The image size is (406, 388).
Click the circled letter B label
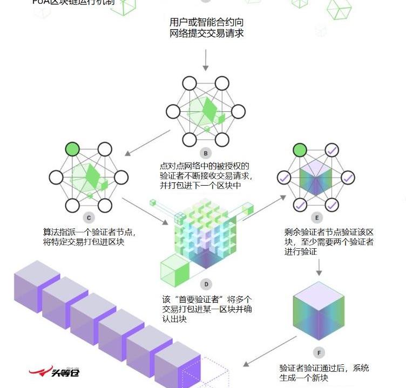[205, 152]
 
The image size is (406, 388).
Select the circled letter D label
[205, 284]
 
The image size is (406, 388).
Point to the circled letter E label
[317, 217]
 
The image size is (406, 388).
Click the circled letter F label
[319, 353]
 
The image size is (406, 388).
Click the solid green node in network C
[72, 149]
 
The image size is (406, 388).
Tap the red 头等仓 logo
[54, 372]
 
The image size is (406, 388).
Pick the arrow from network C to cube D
[145, 211]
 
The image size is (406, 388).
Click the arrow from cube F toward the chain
[269, 351]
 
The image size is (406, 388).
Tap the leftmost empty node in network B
[172, 112]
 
